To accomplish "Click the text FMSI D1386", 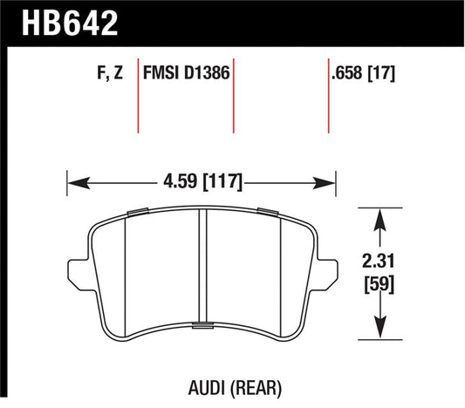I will (185, 75).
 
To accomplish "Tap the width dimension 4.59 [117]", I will (202, 183).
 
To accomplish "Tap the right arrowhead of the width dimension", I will (331, 183).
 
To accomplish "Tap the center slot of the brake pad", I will (202, 266).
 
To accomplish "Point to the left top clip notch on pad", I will (138, 213).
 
